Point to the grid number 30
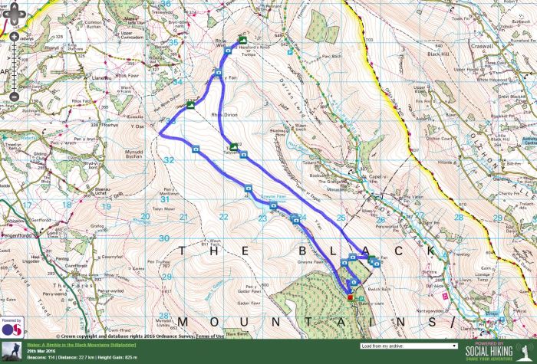tap(163, 238)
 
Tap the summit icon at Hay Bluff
tap(243, 40)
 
